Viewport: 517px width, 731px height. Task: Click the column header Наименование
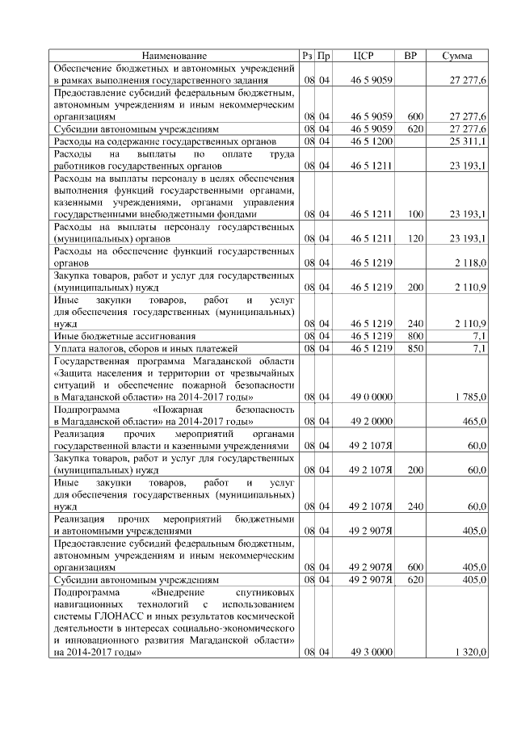(174, 56)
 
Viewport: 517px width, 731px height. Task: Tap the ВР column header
(410, 56)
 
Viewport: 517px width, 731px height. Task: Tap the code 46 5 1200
(371, 141)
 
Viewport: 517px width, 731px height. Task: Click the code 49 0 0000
(371, 397)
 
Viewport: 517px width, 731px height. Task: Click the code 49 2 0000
(371, 421)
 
